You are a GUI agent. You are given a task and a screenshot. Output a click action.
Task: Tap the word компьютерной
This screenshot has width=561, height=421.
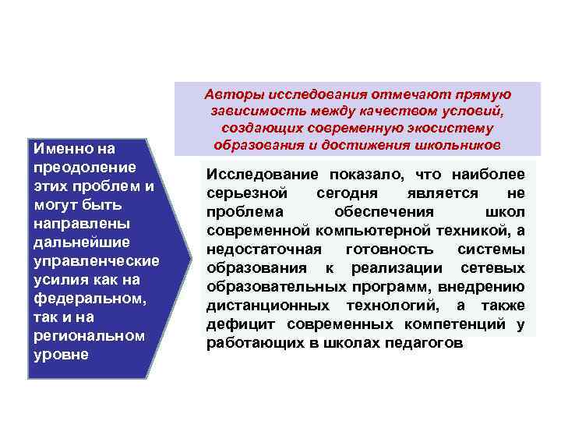[x=364, y=231]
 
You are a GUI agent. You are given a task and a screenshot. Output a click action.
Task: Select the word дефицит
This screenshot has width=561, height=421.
[x=234, y=324]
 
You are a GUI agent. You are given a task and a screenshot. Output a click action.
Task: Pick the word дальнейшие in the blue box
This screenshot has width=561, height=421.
[x=71, y=242]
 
